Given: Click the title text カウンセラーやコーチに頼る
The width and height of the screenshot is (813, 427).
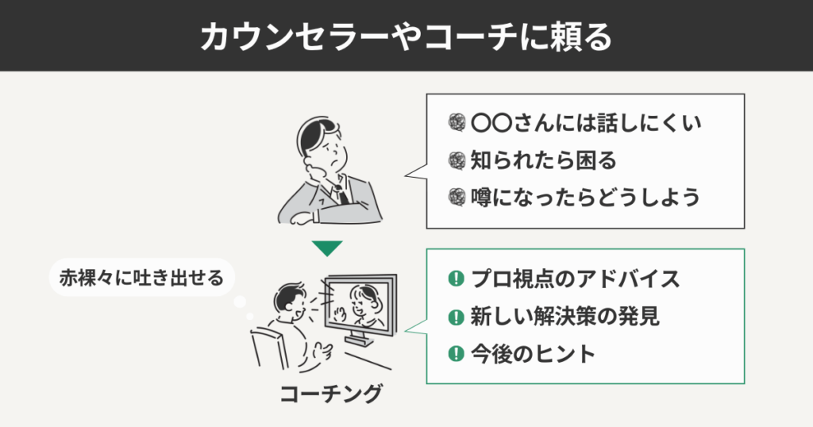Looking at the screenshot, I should coord(406,36).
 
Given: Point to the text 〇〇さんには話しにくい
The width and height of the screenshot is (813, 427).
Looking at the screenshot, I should coord(587,124).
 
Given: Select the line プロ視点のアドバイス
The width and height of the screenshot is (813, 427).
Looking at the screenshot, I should coord(575,279).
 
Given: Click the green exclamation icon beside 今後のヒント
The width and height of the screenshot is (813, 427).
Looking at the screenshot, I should coord(456,353).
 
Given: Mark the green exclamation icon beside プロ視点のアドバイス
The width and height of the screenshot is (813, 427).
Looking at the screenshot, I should coord(456,279).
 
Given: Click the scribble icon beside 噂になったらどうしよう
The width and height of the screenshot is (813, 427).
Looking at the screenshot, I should coord(456,196).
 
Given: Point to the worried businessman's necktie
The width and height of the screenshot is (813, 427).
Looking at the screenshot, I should coord(340,190).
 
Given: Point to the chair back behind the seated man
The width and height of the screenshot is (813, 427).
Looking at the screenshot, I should coord(262,349).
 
